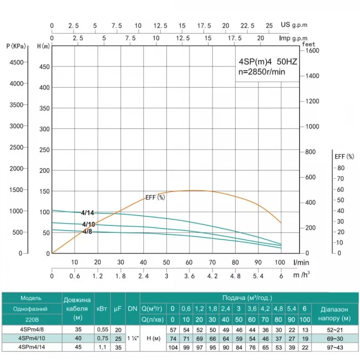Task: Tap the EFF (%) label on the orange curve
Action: [x=155, y=197]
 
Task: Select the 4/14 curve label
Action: [x=88, y=212]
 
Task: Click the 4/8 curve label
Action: [x=88, y=231]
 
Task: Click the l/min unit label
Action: [x=302, y=262]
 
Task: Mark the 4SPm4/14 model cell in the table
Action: [x=31, y=347]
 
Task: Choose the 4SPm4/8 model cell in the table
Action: [x=31, y=330]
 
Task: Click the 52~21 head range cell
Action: [x=335, y=330]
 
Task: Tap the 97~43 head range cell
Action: [x=335, y=347]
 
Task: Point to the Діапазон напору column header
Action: [x=335, y=311]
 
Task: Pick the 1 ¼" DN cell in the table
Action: [x=133, y=338]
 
